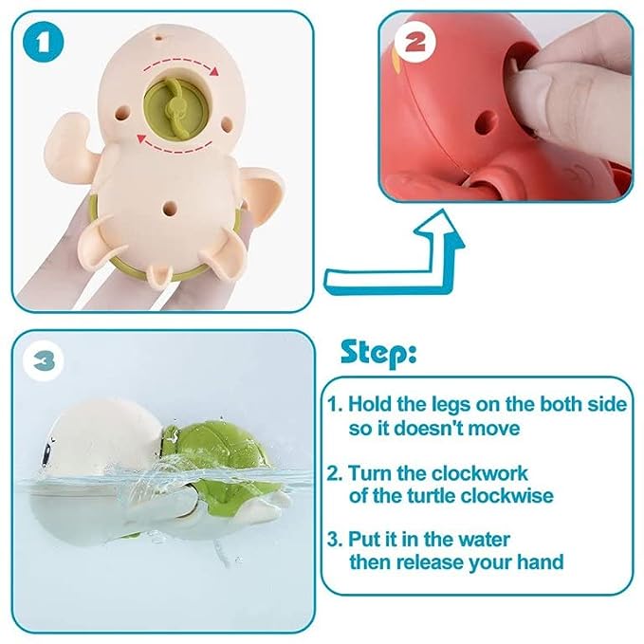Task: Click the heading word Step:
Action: pos(377,353)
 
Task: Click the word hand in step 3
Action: pos(539,561)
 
